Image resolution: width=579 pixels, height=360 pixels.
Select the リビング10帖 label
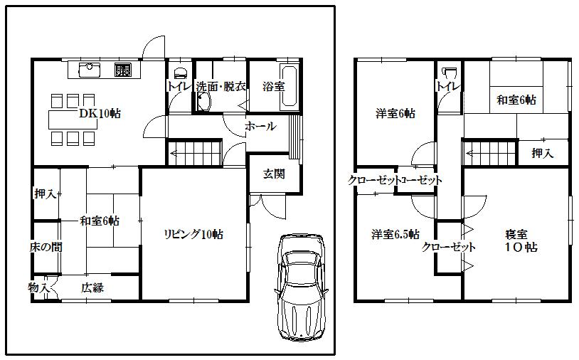194,234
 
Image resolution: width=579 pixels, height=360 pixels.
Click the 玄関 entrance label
274,174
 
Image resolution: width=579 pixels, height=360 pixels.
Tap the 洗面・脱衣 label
221,87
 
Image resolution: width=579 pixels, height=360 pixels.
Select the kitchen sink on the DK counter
90,70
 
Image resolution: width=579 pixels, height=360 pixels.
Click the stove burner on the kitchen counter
122,70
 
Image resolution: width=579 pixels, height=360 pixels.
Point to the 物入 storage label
39,287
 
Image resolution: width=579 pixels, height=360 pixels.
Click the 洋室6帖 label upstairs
395,113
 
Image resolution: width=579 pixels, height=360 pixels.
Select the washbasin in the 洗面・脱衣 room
202,102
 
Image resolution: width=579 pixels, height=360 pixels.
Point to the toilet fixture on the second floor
448,73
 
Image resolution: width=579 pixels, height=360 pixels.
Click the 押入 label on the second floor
543,153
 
